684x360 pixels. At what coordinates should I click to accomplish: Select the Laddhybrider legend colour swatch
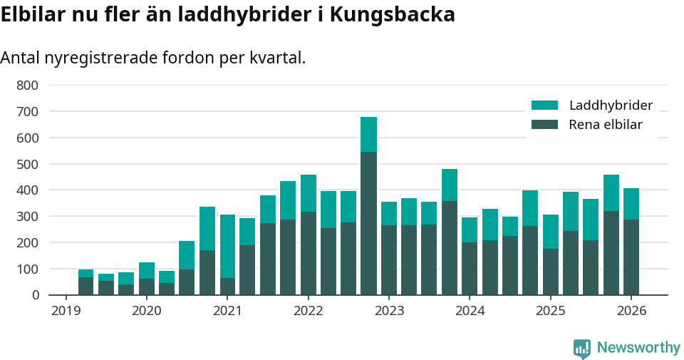click(x=544, y=106)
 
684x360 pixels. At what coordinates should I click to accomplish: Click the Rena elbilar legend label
click(x=605, y=125)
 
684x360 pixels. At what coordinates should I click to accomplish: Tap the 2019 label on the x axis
click(x=66, y=311)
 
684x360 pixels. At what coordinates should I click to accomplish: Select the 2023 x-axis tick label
click(x=389, y=311)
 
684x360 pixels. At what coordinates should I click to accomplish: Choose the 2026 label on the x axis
click(x=631, y=311)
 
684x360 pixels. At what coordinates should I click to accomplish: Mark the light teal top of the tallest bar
click(x=368, y=134)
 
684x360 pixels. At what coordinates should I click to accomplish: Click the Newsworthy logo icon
click(x=582, y=349)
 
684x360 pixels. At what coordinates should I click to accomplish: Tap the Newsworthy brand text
click(x=638, y=348)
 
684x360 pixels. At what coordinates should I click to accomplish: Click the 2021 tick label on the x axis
click(x=227, y=311)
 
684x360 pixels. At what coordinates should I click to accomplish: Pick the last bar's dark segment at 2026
click(x=631, y=257)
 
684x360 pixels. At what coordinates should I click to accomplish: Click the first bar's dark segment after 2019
click(x=86, y=286)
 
